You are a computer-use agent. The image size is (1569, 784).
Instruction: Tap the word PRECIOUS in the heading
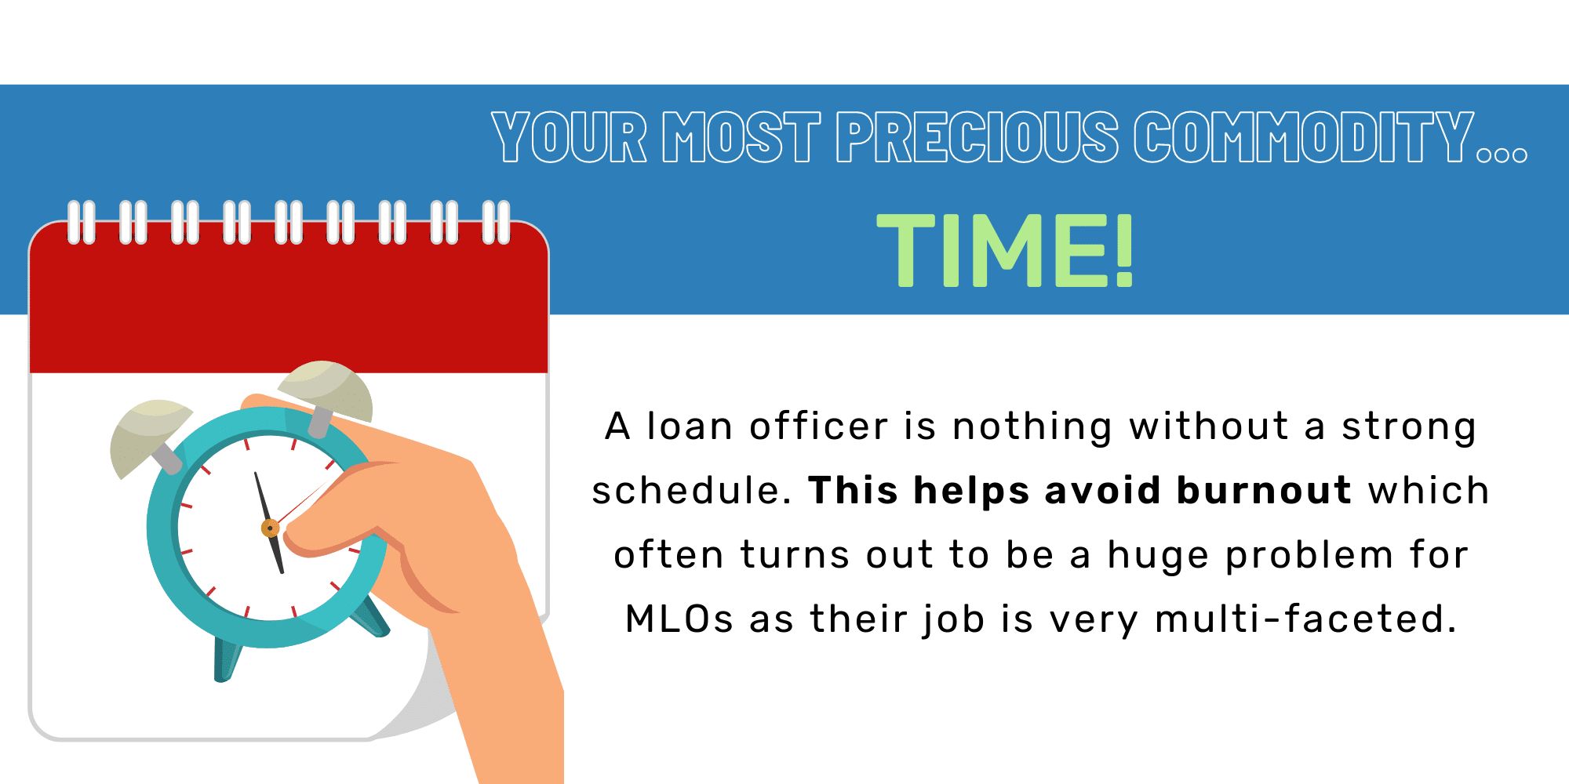(x=977, y=137)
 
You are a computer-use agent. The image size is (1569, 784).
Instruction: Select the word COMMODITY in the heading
(x=1305, y=137)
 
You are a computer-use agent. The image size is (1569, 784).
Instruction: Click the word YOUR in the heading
(x=570, y=137)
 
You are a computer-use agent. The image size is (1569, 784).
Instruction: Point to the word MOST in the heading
(x=741, y=137)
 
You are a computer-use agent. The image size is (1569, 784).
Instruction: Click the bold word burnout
(x=1264, y=491)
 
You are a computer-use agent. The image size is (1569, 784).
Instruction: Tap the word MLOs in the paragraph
(x=679, y=619)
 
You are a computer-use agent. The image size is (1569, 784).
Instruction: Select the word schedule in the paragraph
(x=691, y=491)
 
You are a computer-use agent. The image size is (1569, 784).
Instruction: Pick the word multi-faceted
(x=1306, y=619)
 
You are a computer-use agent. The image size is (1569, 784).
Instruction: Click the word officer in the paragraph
(x=819, y=426)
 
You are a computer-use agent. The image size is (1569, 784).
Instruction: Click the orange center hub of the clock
(x=271, y=528)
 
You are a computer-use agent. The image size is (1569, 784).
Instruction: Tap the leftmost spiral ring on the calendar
(x=82, y=223)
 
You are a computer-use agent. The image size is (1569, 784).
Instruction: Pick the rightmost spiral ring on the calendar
(x=497, y=223)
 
